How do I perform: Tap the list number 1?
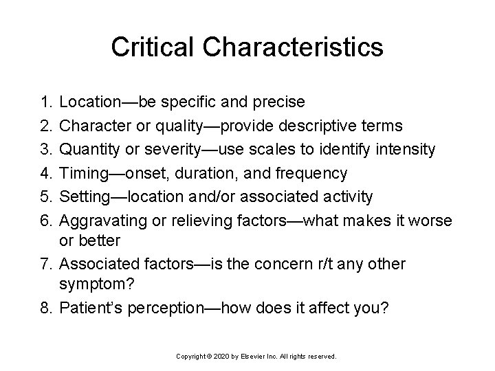click(45, 102)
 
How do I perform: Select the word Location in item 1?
click(89, 102)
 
